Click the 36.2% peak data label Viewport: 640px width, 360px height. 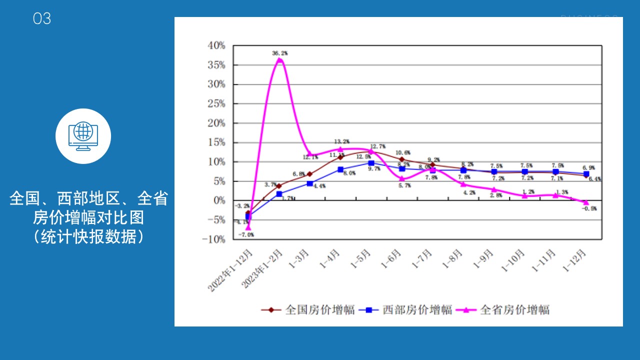click(279, 52)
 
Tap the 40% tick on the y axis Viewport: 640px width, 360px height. click(216, 45)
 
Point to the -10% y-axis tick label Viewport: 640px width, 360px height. click(214, 239)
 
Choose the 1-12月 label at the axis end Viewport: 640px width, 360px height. click(575, 261)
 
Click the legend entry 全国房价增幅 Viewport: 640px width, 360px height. click(319, 310)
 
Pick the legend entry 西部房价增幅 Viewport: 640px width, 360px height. click(417, 310)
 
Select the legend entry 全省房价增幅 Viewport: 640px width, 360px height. click(514, 310)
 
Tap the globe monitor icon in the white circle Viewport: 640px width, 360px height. click(83, 136)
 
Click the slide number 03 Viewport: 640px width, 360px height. click(42, 19)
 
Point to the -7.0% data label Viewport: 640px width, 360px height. click(246, 234)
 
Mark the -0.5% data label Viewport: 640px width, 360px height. click(589, 208)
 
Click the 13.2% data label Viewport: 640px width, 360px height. click(342, 141)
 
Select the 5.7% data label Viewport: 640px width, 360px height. click(404, 185)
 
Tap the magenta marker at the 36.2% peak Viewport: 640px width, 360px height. click(279, 60)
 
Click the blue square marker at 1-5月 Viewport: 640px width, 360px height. click(371, 163)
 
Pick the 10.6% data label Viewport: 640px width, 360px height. click(402, 152)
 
